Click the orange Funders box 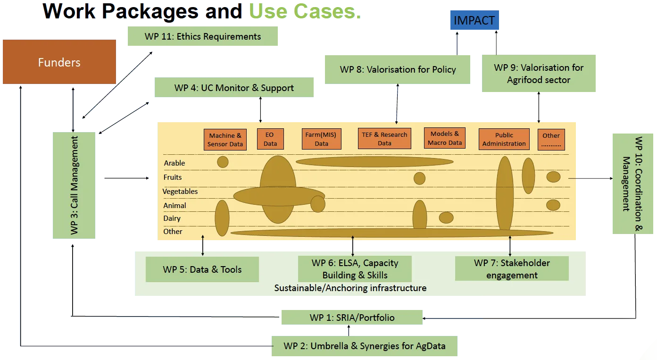[x=59, y=62]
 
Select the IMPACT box [x=474, y=20]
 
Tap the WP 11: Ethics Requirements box [x=202, y=37]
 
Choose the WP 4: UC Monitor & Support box [x=234, y=88]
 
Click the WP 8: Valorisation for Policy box [x=398, y=69]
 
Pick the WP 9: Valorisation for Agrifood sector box [x=538, y=74]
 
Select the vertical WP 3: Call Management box [x=75, y=186]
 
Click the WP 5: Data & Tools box [x=202, y=269]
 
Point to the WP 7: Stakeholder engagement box [x=512, y=269]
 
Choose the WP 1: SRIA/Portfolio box [x=351, y=318]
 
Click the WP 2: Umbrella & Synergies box [x=365, y=346]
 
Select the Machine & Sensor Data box [x=225, y=140]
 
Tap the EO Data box [x=270, y=139]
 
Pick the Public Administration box [x=504, y=139]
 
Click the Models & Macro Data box [x=445, y=138]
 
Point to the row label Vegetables [x=180, y=192]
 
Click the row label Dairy [x=172, y=218]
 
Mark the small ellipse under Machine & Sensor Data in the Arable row [x=223, y=162]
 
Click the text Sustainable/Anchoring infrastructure [x=350, y=288]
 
